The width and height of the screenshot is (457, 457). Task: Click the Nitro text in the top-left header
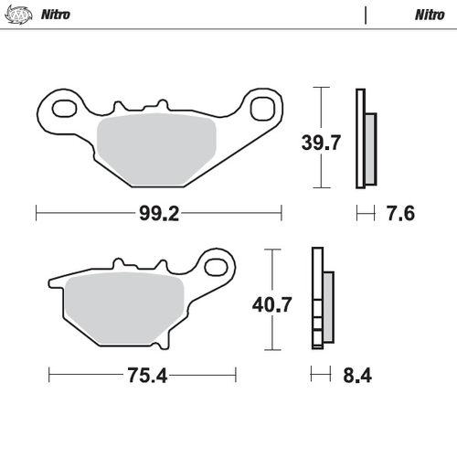(55, 15)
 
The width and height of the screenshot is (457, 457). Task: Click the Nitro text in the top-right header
(430, 15)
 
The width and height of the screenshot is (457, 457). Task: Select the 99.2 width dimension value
(158, 214)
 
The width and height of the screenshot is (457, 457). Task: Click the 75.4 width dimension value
(143, 375)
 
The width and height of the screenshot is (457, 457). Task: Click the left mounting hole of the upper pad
(64, 110)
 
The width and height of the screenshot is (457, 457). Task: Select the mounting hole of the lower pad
(218, 266)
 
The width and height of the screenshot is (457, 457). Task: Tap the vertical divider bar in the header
(365, 15)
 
